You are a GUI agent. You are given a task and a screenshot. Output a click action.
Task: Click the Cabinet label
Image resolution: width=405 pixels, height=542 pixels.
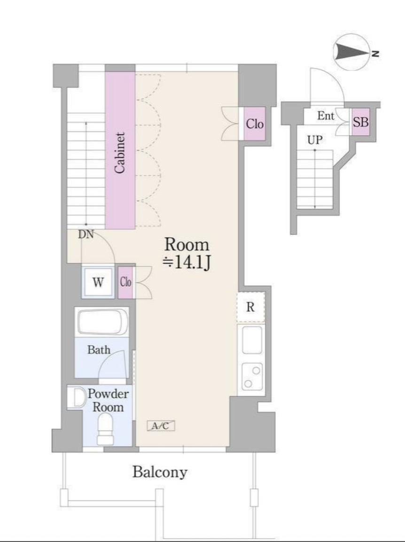coord(120,153)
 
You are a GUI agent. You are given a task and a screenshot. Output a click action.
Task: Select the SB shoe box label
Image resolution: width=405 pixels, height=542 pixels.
coord(361,122)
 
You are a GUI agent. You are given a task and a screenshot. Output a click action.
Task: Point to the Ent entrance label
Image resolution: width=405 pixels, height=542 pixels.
coord(326,116)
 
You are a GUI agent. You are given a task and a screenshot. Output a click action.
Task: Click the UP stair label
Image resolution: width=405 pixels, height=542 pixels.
coord(315,140)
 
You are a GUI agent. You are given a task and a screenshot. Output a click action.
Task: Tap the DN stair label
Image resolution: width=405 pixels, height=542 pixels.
coord(86,234)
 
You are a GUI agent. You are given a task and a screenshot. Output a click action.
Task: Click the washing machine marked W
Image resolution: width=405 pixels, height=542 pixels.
coord(98,282)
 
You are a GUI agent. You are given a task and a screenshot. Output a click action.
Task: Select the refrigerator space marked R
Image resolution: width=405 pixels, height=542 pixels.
coord(251,307)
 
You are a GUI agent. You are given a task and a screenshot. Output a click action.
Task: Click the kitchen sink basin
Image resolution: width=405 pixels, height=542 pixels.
coord(252,340)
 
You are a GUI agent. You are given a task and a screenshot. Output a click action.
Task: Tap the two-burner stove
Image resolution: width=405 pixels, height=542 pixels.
coord(252,376)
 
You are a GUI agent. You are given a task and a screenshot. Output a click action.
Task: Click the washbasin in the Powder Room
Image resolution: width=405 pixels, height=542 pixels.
coord(77,397)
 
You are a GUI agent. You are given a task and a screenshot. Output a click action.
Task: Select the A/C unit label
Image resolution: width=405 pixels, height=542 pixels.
coord(161,426)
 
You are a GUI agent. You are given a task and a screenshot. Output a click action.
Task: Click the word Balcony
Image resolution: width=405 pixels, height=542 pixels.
coord(160,472)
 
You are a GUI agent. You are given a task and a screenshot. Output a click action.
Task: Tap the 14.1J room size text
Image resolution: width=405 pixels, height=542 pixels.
coord(187,263)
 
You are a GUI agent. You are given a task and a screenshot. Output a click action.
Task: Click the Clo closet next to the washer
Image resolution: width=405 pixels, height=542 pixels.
coord(125,282)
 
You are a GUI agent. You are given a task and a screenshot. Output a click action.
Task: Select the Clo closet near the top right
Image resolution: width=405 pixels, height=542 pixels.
coord(255,124)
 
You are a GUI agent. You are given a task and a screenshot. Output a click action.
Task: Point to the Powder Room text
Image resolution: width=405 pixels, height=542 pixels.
coord(108,400)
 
